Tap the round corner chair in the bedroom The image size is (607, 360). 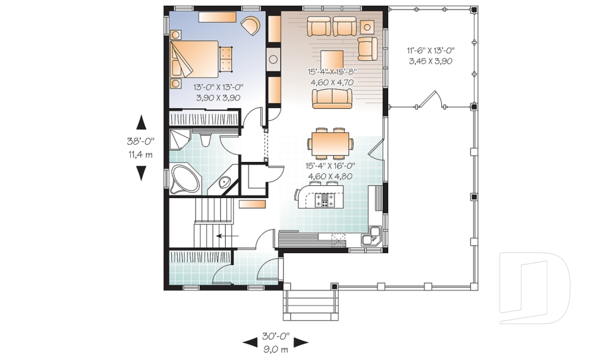tap(250, 25)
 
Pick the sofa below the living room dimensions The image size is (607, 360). tap(332, 99)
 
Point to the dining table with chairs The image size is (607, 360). tap(330, 143)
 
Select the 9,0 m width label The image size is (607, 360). tap(276, 349)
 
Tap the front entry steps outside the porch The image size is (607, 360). tap(310, 302)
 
